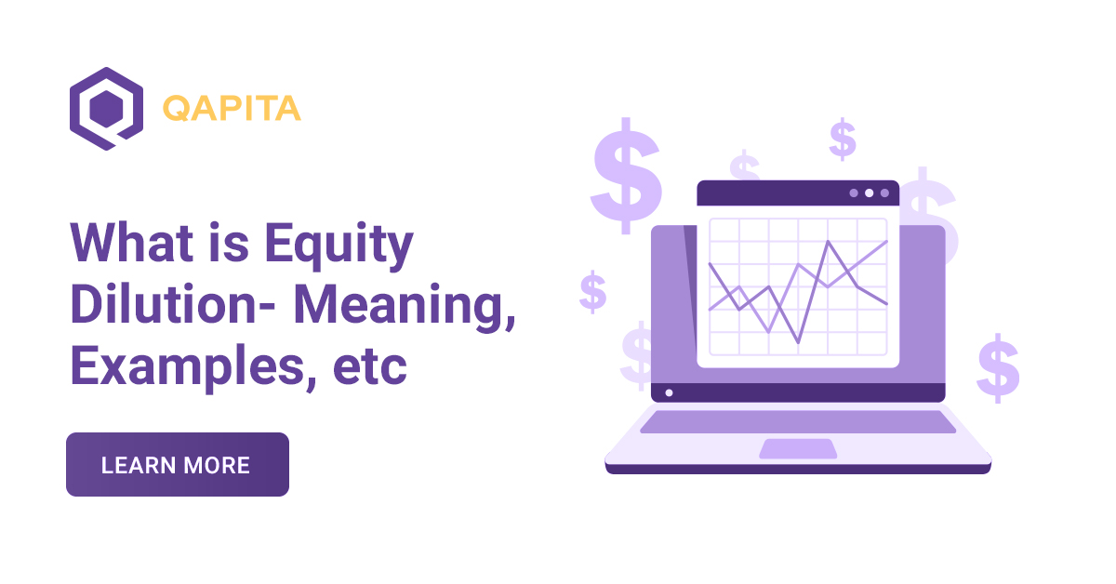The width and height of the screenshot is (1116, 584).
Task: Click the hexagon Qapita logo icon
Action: (105, 108)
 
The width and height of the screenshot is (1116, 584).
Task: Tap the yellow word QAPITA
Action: (232, 109)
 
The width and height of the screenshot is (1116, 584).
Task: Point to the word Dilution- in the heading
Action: (174, 307)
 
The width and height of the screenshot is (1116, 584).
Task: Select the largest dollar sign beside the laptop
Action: (625, 177)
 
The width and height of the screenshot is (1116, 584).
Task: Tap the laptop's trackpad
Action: (797, 448)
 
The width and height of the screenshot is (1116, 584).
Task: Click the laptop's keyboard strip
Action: (797, 421)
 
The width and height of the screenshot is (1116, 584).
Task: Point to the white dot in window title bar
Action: (869, 193)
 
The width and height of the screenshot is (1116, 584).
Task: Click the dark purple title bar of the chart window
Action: (772, 193)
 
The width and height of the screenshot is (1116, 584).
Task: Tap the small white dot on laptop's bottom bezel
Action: (669, 392)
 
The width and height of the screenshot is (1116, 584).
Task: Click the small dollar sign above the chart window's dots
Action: (843, 139)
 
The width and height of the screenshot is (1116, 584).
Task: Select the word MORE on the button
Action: (217, 465)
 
